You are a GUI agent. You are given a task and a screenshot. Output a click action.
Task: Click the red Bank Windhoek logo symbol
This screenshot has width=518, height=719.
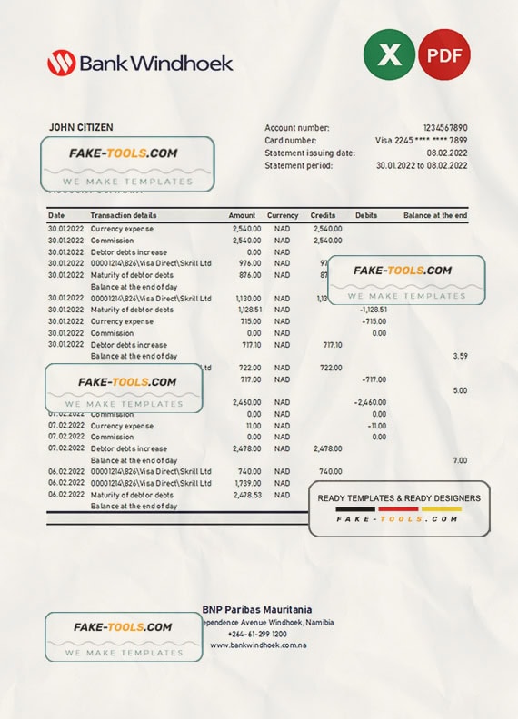(61, 63)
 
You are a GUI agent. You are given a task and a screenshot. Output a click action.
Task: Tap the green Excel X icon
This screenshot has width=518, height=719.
(389, 54)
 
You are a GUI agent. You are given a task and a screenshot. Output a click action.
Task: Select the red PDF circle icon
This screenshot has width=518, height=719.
(444, 54)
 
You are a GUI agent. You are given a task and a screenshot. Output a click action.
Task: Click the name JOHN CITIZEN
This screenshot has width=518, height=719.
(80, 128)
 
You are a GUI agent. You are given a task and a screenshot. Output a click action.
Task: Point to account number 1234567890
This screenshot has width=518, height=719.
(445, 128)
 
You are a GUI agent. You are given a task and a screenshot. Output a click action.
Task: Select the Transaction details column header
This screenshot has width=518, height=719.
(124, 215)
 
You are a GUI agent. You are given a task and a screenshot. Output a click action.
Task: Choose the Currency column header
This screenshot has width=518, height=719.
(283, 215)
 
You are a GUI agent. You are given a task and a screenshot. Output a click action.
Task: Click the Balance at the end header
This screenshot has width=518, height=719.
(435, 215)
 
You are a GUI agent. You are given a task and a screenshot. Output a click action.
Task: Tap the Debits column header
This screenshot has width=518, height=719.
(366, 215)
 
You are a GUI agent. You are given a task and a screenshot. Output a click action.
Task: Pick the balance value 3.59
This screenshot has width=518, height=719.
(460, 356)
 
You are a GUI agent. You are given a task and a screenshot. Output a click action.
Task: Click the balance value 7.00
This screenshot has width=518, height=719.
(460, 460)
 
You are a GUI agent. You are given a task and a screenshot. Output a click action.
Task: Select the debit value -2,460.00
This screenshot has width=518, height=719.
(369, 402)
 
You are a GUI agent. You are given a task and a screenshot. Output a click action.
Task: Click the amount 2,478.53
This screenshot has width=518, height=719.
(246, 495)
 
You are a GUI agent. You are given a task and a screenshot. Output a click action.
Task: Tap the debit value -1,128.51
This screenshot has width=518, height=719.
(367, 310)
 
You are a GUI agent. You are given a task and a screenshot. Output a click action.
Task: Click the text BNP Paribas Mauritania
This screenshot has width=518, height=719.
(257, 609)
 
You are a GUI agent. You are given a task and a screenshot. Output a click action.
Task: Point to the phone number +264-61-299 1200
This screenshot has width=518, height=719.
(258, 634)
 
